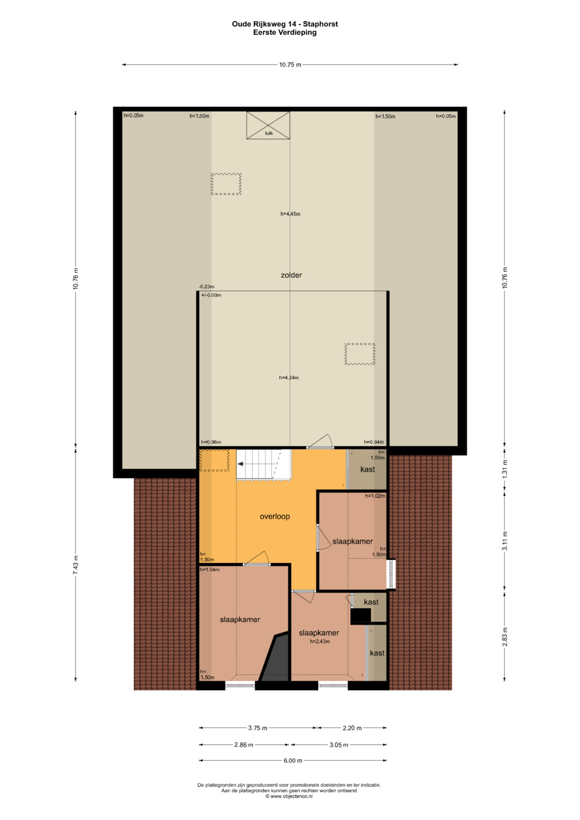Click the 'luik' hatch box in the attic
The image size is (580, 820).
click(268, 126)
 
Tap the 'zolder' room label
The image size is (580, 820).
click(292, 275)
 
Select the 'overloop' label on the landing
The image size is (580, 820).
click(274, 517)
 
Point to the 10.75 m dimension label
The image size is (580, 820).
click(291, 65)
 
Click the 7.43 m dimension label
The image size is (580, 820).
click(76, 565)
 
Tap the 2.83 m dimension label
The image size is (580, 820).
click(505, 636)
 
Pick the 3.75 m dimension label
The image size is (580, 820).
click(258, 728)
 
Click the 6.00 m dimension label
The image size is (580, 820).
click(293, 761)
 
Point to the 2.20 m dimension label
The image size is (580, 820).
click(352, 728)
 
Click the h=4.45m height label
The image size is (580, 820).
click(291, 214)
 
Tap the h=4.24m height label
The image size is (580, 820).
click(289, 378)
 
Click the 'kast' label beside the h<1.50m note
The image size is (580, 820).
click(368, 469)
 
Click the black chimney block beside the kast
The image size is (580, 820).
click(360, 616)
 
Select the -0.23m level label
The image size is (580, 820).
click(207, 287)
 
